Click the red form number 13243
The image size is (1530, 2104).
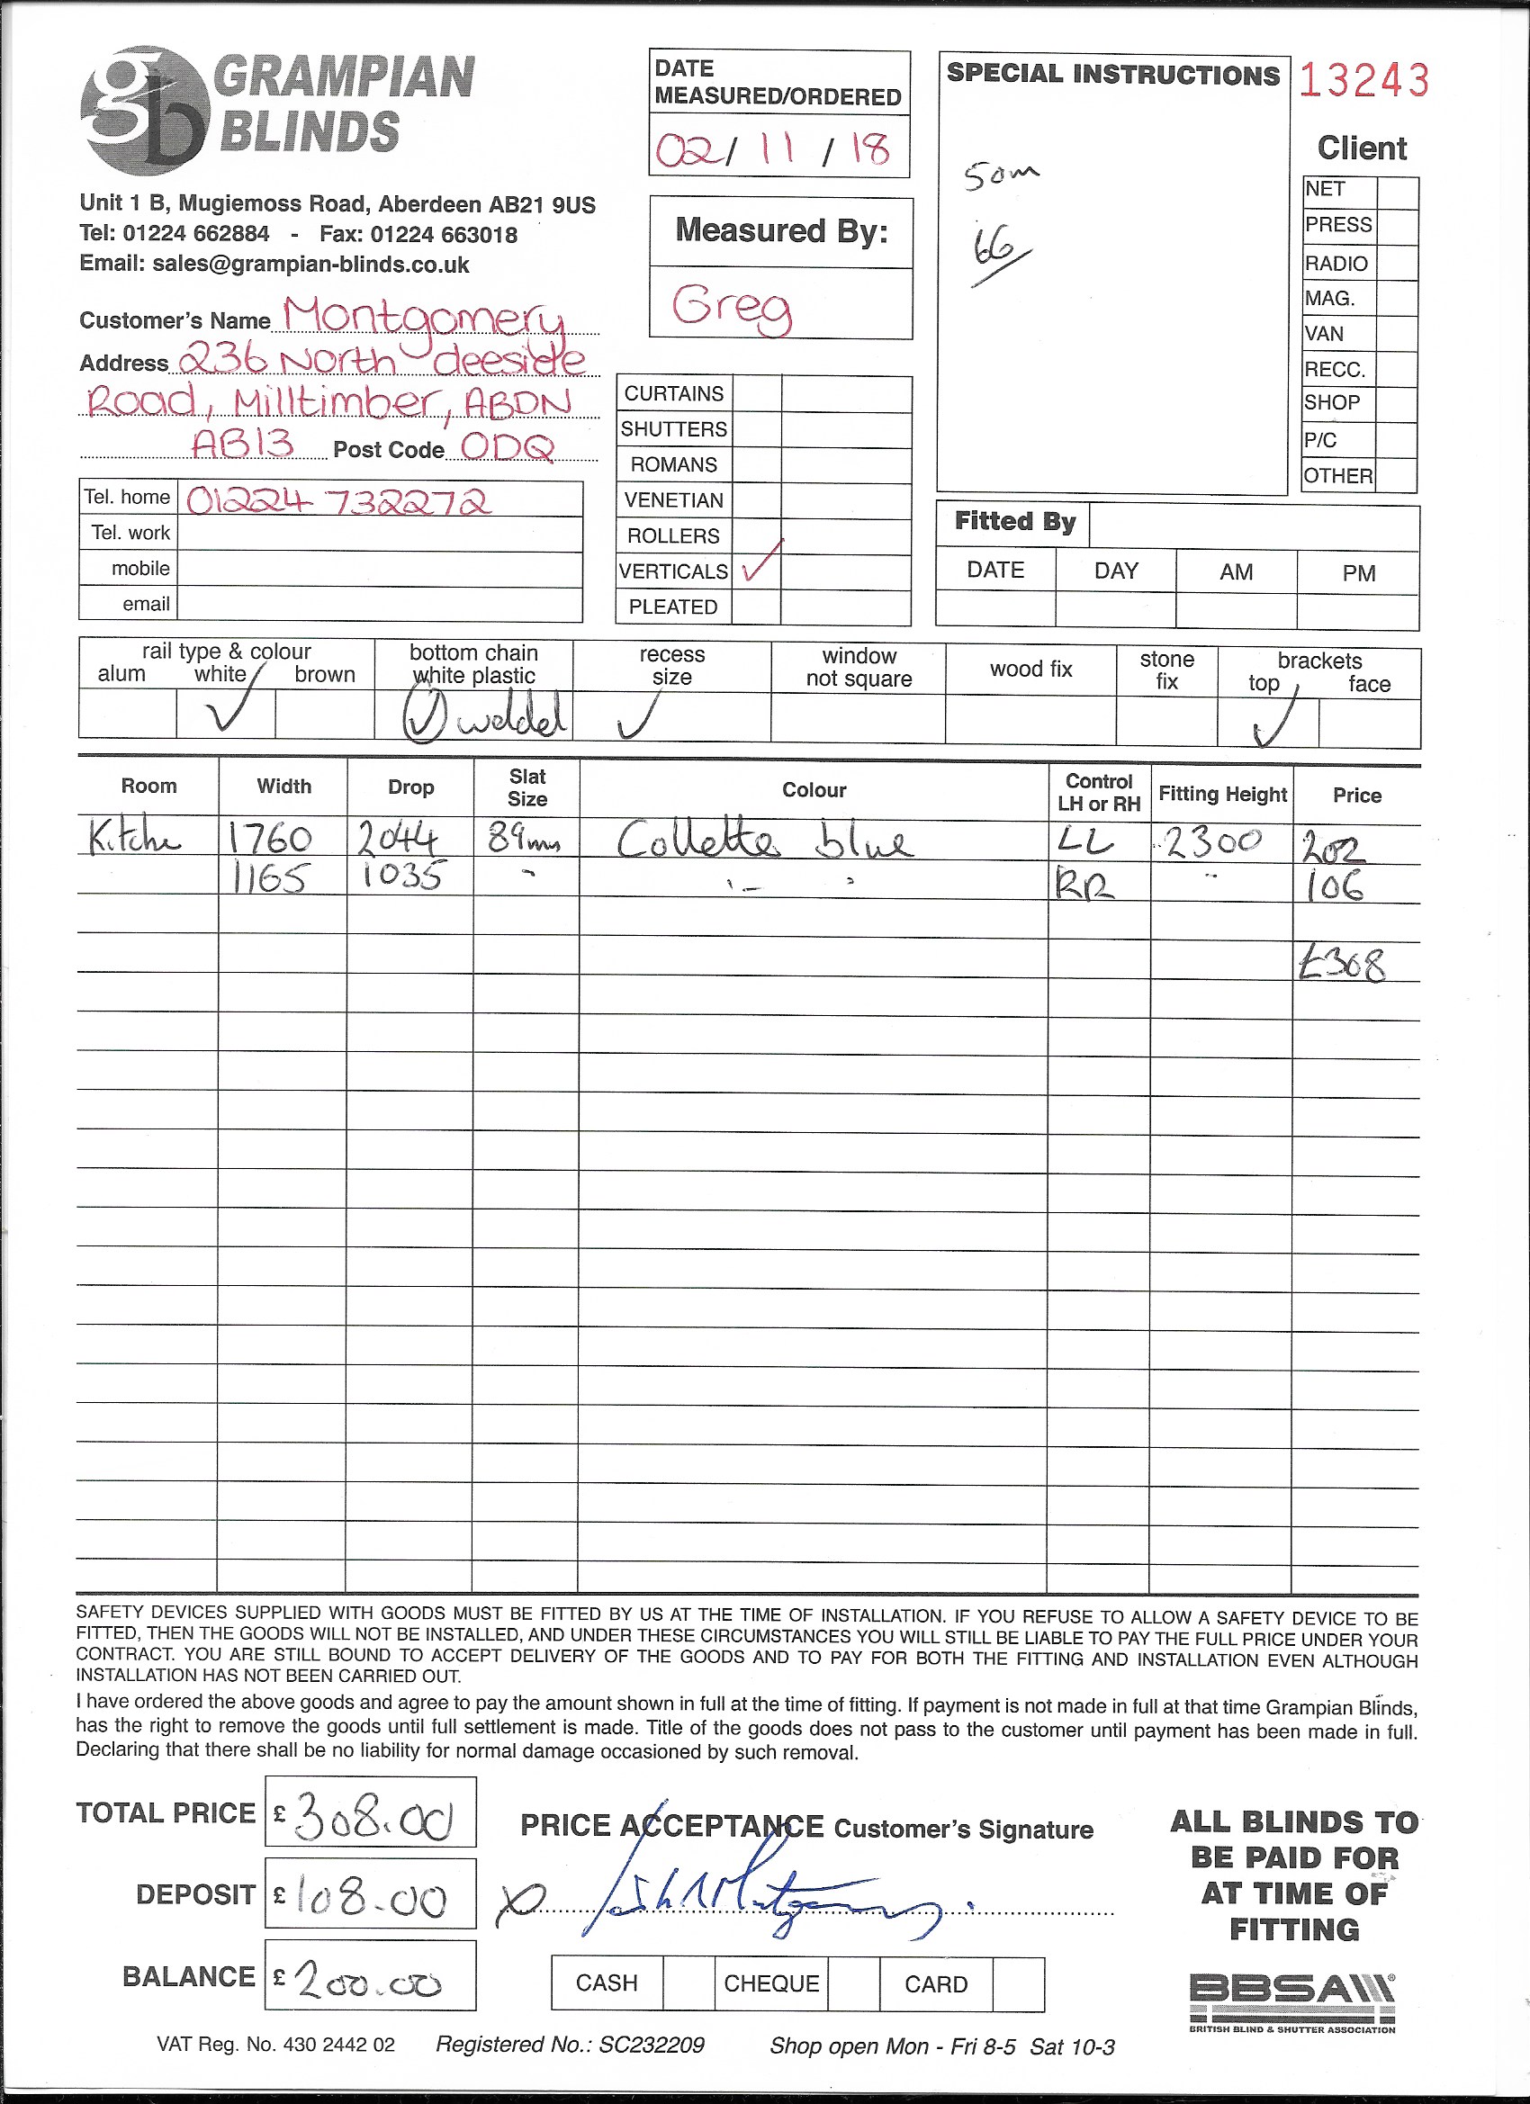coord(1363,81)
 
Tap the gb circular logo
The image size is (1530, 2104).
coord(144,111)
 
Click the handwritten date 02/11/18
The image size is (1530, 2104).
coord(773,148)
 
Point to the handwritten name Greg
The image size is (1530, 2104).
coord(732,306)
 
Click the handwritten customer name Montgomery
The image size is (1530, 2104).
coord(423,315)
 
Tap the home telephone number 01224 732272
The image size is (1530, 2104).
coord(338,502)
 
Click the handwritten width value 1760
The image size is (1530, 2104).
coord(270,840)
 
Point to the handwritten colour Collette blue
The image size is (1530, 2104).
coord(764,841)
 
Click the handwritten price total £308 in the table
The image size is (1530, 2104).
coord(1342,965)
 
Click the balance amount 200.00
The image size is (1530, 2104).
coord(369,1983)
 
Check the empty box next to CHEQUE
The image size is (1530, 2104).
coord(852,1983)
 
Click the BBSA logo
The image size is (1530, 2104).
coord(1291,2002)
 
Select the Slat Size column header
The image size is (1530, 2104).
coord(527,787)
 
